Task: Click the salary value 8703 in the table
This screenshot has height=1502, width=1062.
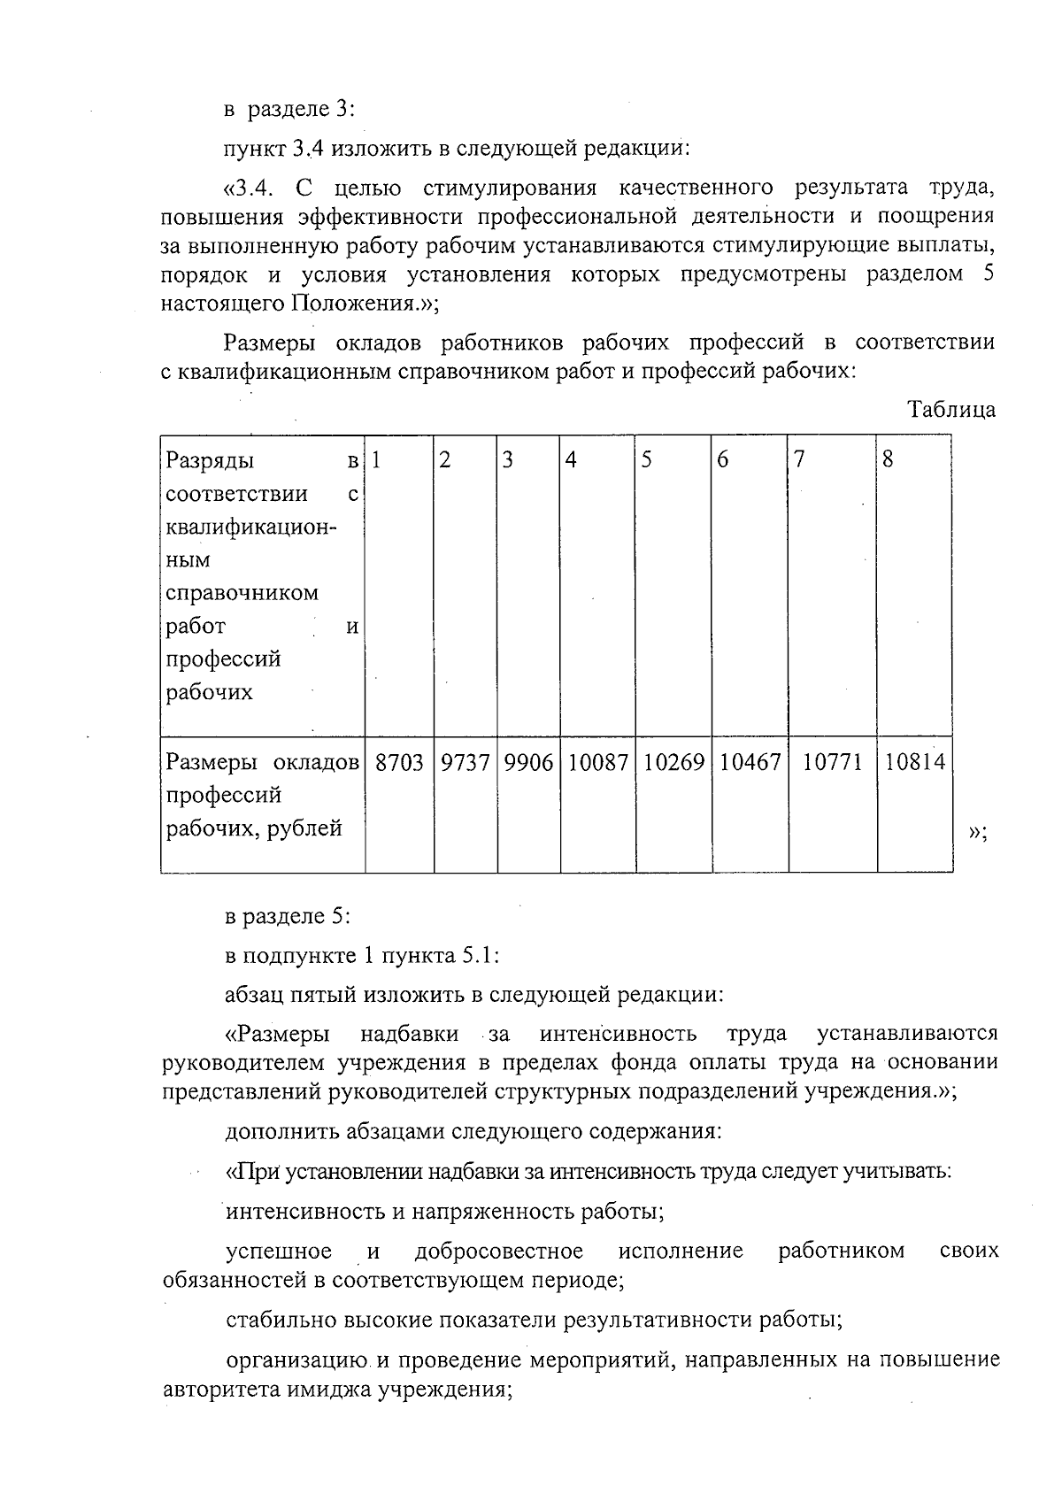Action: (399, 762)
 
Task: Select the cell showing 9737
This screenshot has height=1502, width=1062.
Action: (465, 762)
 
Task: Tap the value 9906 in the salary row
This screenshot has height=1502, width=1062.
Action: (527, 762)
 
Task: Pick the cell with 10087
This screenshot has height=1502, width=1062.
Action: (597, 762)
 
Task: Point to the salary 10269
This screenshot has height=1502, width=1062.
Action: (673, 762)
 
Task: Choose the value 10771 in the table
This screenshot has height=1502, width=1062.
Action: (832, 762)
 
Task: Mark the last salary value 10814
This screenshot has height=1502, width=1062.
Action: (914, 762)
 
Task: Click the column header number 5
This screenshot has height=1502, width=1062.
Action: (647, 460)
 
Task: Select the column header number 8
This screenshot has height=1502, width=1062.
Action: (889, 460)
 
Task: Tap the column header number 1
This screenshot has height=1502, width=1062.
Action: (376, 460)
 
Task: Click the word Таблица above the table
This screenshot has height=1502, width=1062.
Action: (951, 409)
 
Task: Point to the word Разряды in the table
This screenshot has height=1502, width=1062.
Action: (210, 461)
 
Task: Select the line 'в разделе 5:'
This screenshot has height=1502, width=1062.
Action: (288, 917)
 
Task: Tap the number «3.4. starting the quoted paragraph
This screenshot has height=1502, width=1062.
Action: (253, 189)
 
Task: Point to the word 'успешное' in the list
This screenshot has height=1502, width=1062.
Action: (279, 1251)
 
